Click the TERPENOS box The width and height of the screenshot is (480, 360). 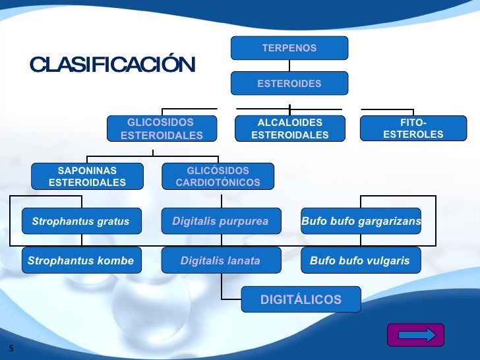click(x=289, y=48)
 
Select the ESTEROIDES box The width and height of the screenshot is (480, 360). click(x=289, y=84)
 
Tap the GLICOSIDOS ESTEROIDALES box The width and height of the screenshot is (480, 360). click(x=162, y=129)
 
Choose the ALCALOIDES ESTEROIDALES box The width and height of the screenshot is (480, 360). click(x=290, y=129)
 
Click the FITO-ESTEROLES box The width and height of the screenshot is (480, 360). click(x=413, y=129)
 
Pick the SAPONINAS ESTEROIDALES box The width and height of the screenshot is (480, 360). click(x=87, y=176)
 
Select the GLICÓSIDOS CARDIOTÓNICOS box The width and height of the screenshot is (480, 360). click(x=218, y=176)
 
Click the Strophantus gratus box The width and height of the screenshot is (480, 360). click(x=80, y=222)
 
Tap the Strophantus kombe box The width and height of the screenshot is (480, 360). click(x=80, y=260)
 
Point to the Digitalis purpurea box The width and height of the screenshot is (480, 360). click(x=220, y=222)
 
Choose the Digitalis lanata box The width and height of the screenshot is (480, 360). click(x=220, y=260)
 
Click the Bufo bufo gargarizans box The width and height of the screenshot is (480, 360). click(x=361, y=222)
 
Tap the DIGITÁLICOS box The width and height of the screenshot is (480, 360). click(x=301, y=299)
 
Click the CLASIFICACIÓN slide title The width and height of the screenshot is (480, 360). click(x=112, y=65)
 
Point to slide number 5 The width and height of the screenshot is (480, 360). click(x=12, y=347)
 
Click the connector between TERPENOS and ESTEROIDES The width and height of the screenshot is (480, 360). click(x=289, y=65)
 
